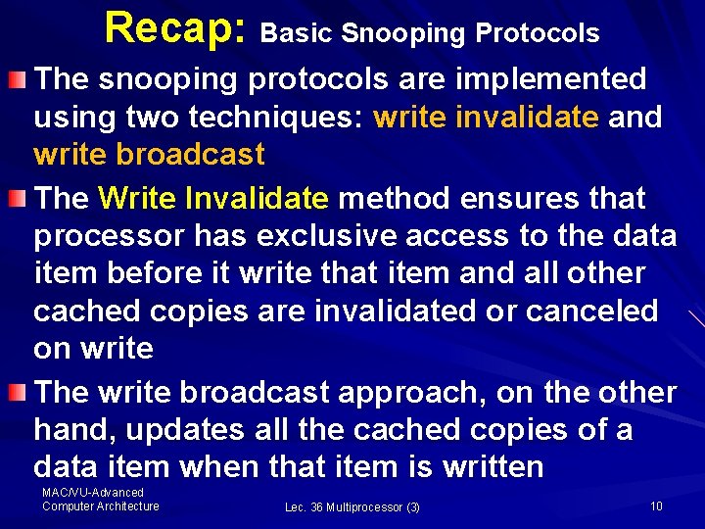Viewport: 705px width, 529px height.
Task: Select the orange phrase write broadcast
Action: pyautogui.click(x=149, y=154)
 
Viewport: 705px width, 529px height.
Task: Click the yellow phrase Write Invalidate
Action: pyautogui.click(x=213, y=198)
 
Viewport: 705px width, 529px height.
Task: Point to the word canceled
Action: pyautogui.click(x=599, y=311)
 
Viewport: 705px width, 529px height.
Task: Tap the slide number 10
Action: pyautogui.click(x=656, y=505)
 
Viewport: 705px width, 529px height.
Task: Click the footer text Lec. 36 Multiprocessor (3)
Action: pyautogui.click(x=352, y=506)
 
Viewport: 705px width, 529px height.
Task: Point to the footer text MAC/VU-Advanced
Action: pyautogui.click(x=93, y=493)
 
